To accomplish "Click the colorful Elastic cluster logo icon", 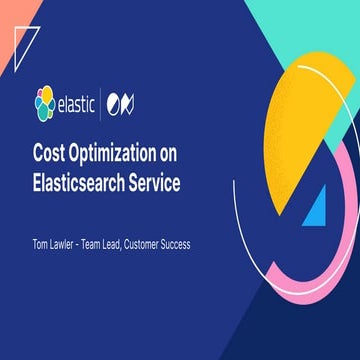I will click(x=44, y=100).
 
